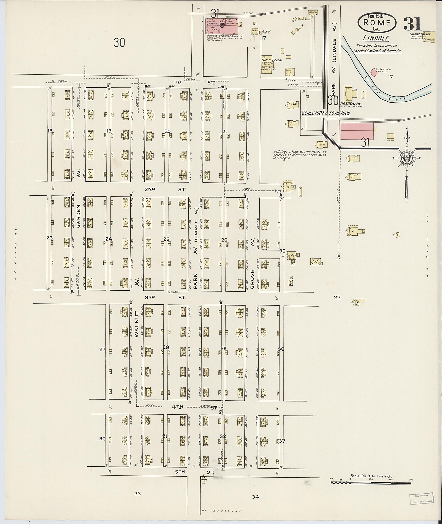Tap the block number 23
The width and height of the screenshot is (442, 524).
(50, 238)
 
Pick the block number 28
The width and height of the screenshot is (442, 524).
(166, 347)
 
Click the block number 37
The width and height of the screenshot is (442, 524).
(282, 441)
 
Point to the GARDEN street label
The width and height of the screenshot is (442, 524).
(78, 216)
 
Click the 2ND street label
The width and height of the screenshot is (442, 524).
(150, 189)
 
